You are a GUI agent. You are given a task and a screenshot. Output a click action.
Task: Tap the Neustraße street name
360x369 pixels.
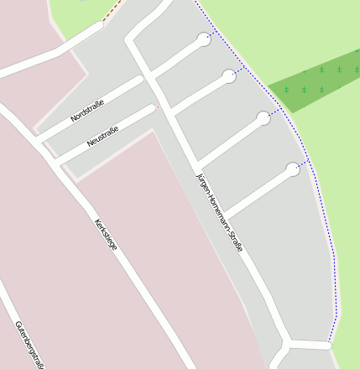102,135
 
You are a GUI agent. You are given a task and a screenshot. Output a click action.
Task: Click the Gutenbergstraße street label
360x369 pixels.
29,345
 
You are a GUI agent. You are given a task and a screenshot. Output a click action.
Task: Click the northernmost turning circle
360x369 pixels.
204,39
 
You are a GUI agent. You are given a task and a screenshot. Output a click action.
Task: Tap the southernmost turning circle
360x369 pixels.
292,169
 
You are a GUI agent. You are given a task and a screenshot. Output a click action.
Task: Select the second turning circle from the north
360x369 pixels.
229,76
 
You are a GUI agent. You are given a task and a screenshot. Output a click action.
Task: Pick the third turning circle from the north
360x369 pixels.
263,118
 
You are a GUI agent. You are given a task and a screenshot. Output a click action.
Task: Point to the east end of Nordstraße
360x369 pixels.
140,81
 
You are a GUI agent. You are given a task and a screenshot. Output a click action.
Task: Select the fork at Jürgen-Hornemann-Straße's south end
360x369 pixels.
286,344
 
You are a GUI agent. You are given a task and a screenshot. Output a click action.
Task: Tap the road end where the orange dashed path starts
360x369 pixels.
101,25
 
